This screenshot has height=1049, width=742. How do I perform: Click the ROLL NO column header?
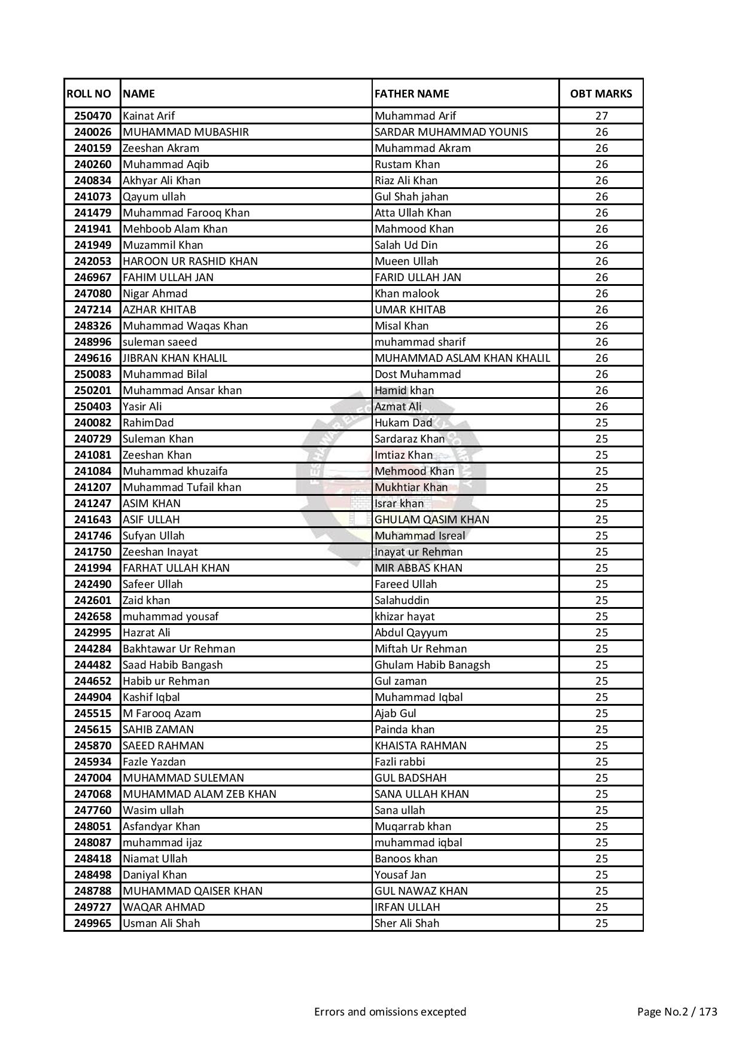coord(89,93)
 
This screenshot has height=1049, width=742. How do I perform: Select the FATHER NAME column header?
coord(412,93)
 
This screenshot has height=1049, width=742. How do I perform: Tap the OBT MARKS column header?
coord(601,93)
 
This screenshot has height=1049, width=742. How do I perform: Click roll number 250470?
coord(93,116)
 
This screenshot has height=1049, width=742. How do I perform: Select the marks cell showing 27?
coord(601,116)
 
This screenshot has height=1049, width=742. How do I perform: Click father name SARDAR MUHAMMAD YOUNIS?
coord(451,132)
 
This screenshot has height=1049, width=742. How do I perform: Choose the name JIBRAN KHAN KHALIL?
coord(175,358)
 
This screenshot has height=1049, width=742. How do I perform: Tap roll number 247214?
coord(93,310)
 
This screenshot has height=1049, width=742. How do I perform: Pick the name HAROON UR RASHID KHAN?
coord(190,261)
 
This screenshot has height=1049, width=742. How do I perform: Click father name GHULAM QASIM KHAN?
coord(431,520)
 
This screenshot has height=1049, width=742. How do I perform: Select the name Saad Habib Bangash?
coord(172,665)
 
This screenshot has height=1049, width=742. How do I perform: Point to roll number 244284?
coord(93,649)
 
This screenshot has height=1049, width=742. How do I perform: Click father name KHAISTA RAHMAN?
coord(420,746)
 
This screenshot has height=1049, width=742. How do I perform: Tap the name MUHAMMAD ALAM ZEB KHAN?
coord(199,794)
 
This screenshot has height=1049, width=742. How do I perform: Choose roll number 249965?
coord(93,923)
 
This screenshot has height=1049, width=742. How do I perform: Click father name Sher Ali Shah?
coord(406,923)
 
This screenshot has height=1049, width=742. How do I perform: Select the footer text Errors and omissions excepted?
coord(390,1012)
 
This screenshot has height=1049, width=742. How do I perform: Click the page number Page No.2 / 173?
coord(677,1012)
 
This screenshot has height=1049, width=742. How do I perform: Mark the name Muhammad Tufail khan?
coord(182,487)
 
